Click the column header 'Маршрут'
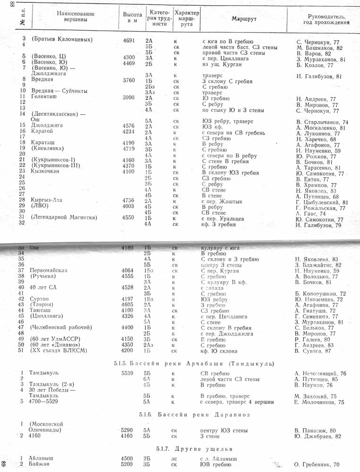(243, 18)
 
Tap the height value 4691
(129, 41)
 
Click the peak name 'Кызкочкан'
(45, 172)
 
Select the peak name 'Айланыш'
(42, 458)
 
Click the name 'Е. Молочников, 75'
(319, 402)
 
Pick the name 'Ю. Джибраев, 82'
(317, 436)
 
